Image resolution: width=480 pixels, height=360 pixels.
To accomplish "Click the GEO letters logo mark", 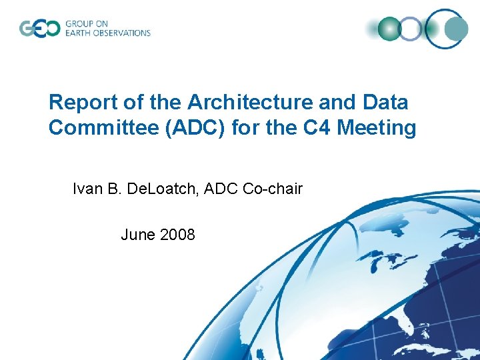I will point(39,29).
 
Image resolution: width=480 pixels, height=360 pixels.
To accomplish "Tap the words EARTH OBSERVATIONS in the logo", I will point(107,33).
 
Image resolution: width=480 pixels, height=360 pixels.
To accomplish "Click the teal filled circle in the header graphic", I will point(457,29).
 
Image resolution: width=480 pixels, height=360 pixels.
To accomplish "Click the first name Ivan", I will point(87,189).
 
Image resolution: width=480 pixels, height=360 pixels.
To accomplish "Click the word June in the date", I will point(137,235).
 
